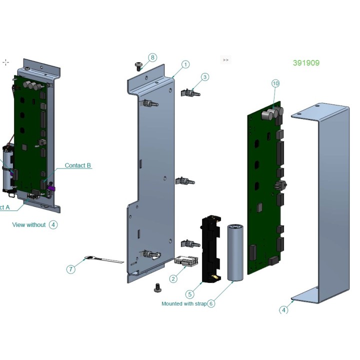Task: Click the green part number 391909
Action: pos(306,63)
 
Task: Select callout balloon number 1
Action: pos(185,64)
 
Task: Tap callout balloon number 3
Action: pos(205,77)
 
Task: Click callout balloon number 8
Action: pos(152,57)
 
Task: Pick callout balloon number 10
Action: pos(275,83)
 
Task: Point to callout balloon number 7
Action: pos(70,269)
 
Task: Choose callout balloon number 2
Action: pos(173,278)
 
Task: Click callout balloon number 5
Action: pos(189,294)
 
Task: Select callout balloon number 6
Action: pos(211,303)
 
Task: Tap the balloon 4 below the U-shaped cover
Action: pos(283,310)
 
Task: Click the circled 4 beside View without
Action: pos(53,225)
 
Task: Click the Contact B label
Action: pos(78,165)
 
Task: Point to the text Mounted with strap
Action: pos(183,303)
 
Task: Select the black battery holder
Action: pos(210,248)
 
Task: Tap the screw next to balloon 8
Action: pos(139,65)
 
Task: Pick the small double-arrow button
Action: pos(225,60)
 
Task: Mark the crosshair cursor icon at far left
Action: pos(5,62)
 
